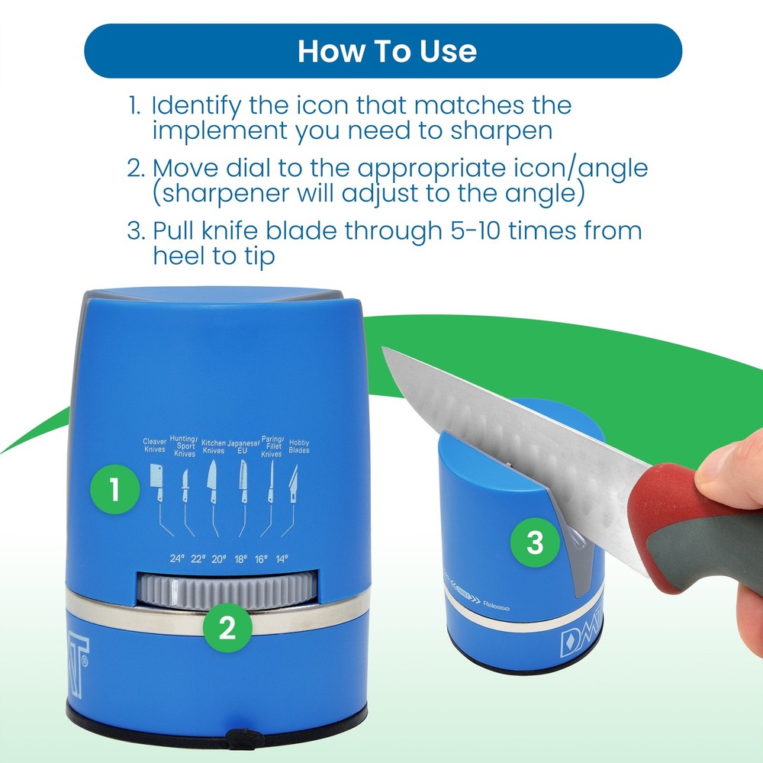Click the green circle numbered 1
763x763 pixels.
tap(114, 489)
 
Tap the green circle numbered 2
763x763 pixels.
tap(227, 627)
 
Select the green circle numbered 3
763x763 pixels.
tap(535, 543)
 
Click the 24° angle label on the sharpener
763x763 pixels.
tap(178, 559)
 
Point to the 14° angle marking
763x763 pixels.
tap(282, 559)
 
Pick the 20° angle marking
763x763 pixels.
tap(219, 559)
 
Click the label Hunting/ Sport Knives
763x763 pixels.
tap(185, 446)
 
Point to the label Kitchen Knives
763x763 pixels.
tap(214, 446)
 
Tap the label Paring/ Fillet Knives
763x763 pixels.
tap(272, 446)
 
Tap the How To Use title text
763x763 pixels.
tap(387, 50)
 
